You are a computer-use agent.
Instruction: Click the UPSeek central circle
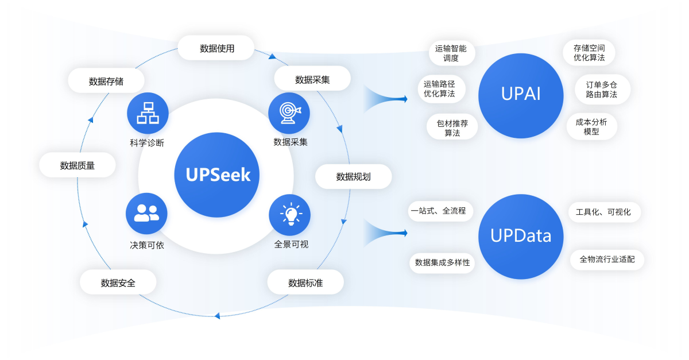pos(217,175)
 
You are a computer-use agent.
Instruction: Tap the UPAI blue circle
pos(521,95)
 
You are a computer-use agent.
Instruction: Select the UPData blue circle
pos(521,236)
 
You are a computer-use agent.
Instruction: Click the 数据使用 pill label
pos(216,48)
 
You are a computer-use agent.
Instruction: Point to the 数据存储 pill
pos(106,81)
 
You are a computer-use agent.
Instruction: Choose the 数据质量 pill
pos(78,165)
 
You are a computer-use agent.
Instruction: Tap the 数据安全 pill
pos(118,282)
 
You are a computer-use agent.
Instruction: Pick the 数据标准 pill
pos(305,282)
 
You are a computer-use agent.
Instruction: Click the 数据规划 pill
pos(353,176)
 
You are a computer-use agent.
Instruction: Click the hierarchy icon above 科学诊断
pos(147,113)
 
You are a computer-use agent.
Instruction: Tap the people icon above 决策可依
pos(146,214)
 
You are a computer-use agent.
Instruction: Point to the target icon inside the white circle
pos(289,113)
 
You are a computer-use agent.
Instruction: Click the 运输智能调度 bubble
pos(451,53)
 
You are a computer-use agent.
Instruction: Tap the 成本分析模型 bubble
pos(591,126)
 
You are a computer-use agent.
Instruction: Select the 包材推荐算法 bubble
pos(452,127)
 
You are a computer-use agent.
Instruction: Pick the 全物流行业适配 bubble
pos(607,259)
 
